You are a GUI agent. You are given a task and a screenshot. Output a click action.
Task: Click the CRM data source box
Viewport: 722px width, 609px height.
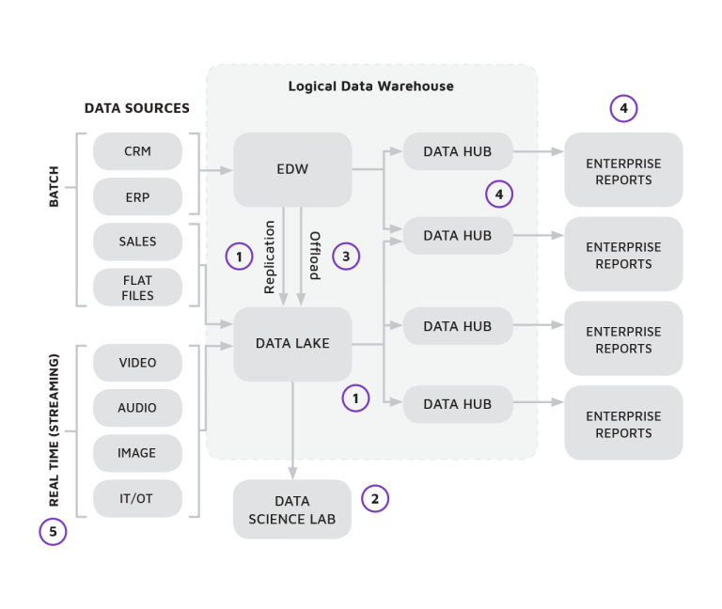click(x=137, y=151)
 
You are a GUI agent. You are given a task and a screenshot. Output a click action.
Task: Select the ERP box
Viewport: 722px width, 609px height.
click(x=137, y=197)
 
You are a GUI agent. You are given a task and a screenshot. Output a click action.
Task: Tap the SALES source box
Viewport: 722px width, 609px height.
click(x=137, y=242)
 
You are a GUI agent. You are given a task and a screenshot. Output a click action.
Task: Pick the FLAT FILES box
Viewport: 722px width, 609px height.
click(x=137, y=288)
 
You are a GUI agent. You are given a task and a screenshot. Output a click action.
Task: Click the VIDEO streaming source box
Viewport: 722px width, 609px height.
click(x=137, y=363)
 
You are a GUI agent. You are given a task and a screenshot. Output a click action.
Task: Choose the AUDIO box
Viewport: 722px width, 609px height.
click(x=137, y=408)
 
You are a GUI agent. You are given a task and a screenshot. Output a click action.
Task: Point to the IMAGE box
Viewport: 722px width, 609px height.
click(x=137, y=453)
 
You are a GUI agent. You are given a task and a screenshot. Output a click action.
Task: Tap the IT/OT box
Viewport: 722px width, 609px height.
click(x=137, y=498)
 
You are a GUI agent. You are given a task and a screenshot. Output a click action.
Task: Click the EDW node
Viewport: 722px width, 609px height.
click(x=292, y=169)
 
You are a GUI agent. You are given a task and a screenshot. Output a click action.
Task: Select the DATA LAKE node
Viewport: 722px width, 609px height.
click(x=292, y=344)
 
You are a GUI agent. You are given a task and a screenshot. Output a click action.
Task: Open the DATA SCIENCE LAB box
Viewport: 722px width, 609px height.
click(x=291, y=509)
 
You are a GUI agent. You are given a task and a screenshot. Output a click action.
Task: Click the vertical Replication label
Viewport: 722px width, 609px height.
click(x=271, y=257)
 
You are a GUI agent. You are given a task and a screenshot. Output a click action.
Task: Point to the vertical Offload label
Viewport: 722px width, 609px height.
click(x=315, y=256)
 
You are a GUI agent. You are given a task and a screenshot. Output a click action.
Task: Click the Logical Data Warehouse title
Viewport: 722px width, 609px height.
click(x=370, y=86)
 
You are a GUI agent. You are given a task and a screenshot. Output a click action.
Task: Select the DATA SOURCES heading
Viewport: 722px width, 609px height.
click(x=136, y=108)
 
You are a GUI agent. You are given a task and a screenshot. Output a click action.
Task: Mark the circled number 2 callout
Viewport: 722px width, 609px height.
click(x=374, y=499)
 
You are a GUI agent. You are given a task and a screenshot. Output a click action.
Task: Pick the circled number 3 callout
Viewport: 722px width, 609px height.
click(x=346, y=256)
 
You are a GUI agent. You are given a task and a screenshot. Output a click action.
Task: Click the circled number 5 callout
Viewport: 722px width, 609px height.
click(x=53, y=532)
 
